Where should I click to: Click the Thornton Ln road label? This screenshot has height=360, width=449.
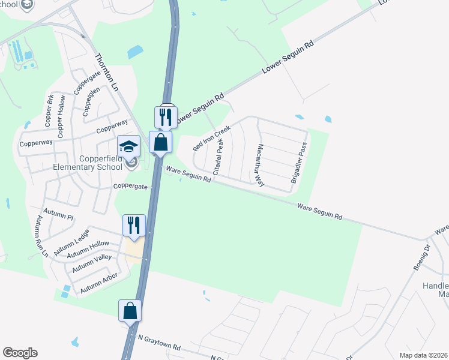[x=106, y=73]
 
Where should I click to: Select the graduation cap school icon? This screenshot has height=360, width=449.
[x=128, y=146]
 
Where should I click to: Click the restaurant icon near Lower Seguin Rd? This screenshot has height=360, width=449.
[x=166, y=116]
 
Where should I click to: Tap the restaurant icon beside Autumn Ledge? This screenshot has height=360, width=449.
[x=133, y=225]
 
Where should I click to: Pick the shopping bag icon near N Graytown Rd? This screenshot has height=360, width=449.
[x=130, y=311]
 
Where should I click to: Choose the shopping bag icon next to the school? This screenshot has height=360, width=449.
[x=160, y=142]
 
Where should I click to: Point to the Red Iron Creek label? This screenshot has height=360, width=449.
[x=211, y=138]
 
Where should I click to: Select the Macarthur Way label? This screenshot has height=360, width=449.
[x=261, y=165]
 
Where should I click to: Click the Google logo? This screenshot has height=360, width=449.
[x=20, y=353]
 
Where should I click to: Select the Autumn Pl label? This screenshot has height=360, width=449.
[x=62, y=217]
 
